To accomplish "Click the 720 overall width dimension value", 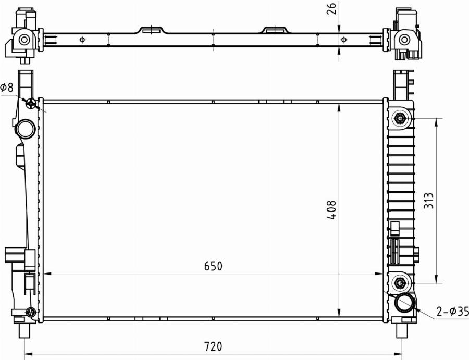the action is pos(213,346).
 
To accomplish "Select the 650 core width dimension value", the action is pos(213,266).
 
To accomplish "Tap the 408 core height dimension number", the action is pos(331,210).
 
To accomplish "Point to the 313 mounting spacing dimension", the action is pos(429,201).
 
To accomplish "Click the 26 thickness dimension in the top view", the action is pos(332,8).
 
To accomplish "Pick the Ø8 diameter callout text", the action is pos(7,88).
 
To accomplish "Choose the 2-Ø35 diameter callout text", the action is pos(452,312).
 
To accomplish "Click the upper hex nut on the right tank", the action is pos(399,119).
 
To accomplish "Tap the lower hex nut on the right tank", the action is pos(399,282).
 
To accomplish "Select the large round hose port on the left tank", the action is pos(26,129).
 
